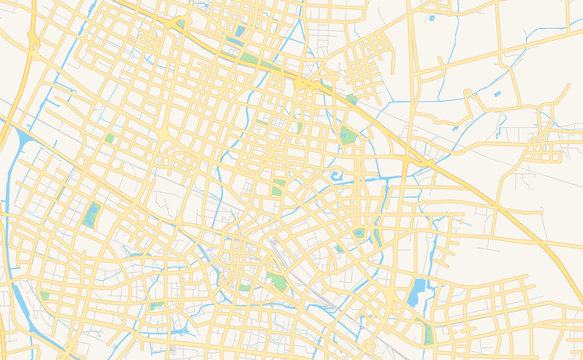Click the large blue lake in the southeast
418,292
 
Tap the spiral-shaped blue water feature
335,178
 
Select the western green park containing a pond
92,214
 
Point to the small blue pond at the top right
432,17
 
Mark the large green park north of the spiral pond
346,134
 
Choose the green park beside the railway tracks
279,282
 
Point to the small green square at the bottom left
44,296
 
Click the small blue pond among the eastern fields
497,94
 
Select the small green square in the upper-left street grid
110,138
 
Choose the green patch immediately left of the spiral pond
277,188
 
